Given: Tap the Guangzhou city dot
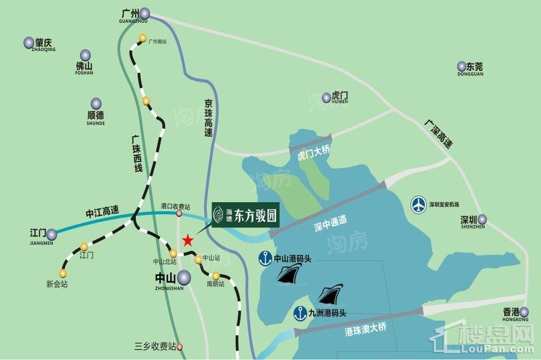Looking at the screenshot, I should [144, 14].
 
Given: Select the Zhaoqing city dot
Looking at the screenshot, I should [29, 42].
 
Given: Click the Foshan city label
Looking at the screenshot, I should [84, 68].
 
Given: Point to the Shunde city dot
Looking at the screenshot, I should [96, 104].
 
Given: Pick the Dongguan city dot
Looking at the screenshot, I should [461, 66].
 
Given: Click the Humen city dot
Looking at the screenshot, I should [326, 98].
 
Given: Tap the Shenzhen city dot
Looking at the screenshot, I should [483, 219].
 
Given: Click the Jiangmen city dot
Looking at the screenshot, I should [52, 233].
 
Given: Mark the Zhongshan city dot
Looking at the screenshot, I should [185, 280].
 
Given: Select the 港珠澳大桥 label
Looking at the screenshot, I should [365, 331].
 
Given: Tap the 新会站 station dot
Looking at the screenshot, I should [63, 273].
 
